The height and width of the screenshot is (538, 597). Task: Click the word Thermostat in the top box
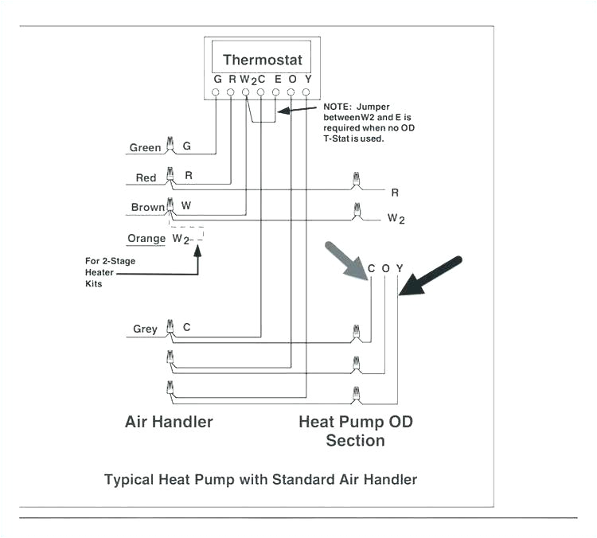tap(263, 60)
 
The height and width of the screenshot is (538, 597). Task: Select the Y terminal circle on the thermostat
tap(306, 92)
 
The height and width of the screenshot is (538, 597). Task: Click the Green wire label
tap(145, 148)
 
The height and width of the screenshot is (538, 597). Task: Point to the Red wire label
tap(146, 178)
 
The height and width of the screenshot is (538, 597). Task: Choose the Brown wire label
tap(148, 207)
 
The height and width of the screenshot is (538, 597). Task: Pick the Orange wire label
tap(146, 238)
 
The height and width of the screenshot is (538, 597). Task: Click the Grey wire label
tap(145, 329)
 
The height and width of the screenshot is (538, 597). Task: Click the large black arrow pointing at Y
tap(430, 275)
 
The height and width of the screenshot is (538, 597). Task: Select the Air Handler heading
tap(169, 421)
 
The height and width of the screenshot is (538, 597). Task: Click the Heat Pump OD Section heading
tap(355, 431)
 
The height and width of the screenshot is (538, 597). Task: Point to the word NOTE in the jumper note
tap(338, 107)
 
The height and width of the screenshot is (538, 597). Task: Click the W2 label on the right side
tap(396, 217)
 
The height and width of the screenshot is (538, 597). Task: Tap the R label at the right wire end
tap(395, 192)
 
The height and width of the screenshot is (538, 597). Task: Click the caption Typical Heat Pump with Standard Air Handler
tap(261, 479)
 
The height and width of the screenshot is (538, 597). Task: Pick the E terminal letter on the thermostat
tap(277, 79)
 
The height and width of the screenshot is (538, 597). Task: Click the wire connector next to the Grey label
tap(169, 327)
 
